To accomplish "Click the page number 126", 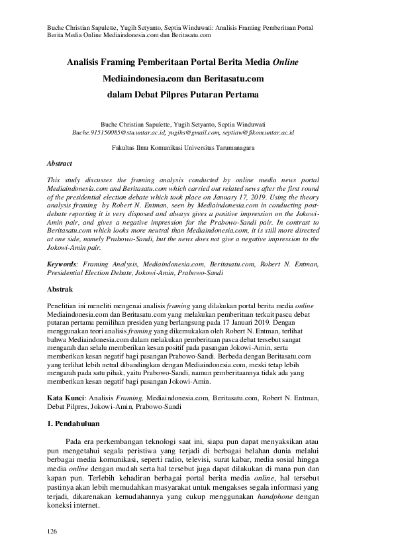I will tap(51, 532).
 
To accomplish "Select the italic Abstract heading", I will tap(59, 162).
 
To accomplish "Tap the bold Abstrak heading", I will tap(60, 289).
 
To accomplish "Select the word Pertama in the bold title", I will tap(234, 94).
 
